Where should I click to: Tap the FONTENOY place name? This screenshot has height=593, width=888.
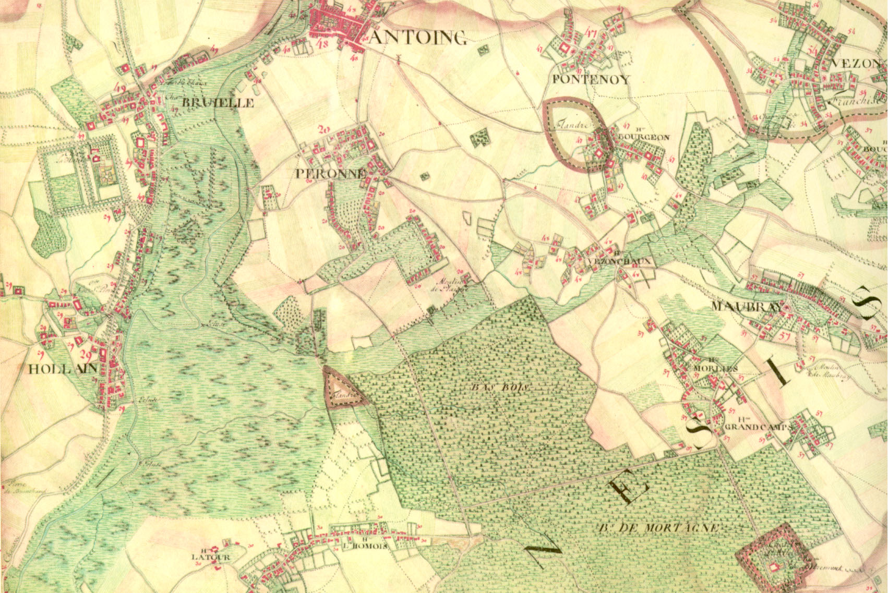[591, 80]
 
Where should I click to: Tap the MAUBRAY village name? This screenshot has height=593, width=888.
[747, 307]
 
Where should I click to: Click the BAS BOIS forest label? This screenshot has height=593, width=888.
[499, 388]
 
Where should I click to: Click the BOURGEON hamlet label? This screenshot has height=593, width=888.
[642, 138]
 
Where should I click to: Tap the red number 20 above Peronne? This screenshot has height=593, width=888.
[325, 130]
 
